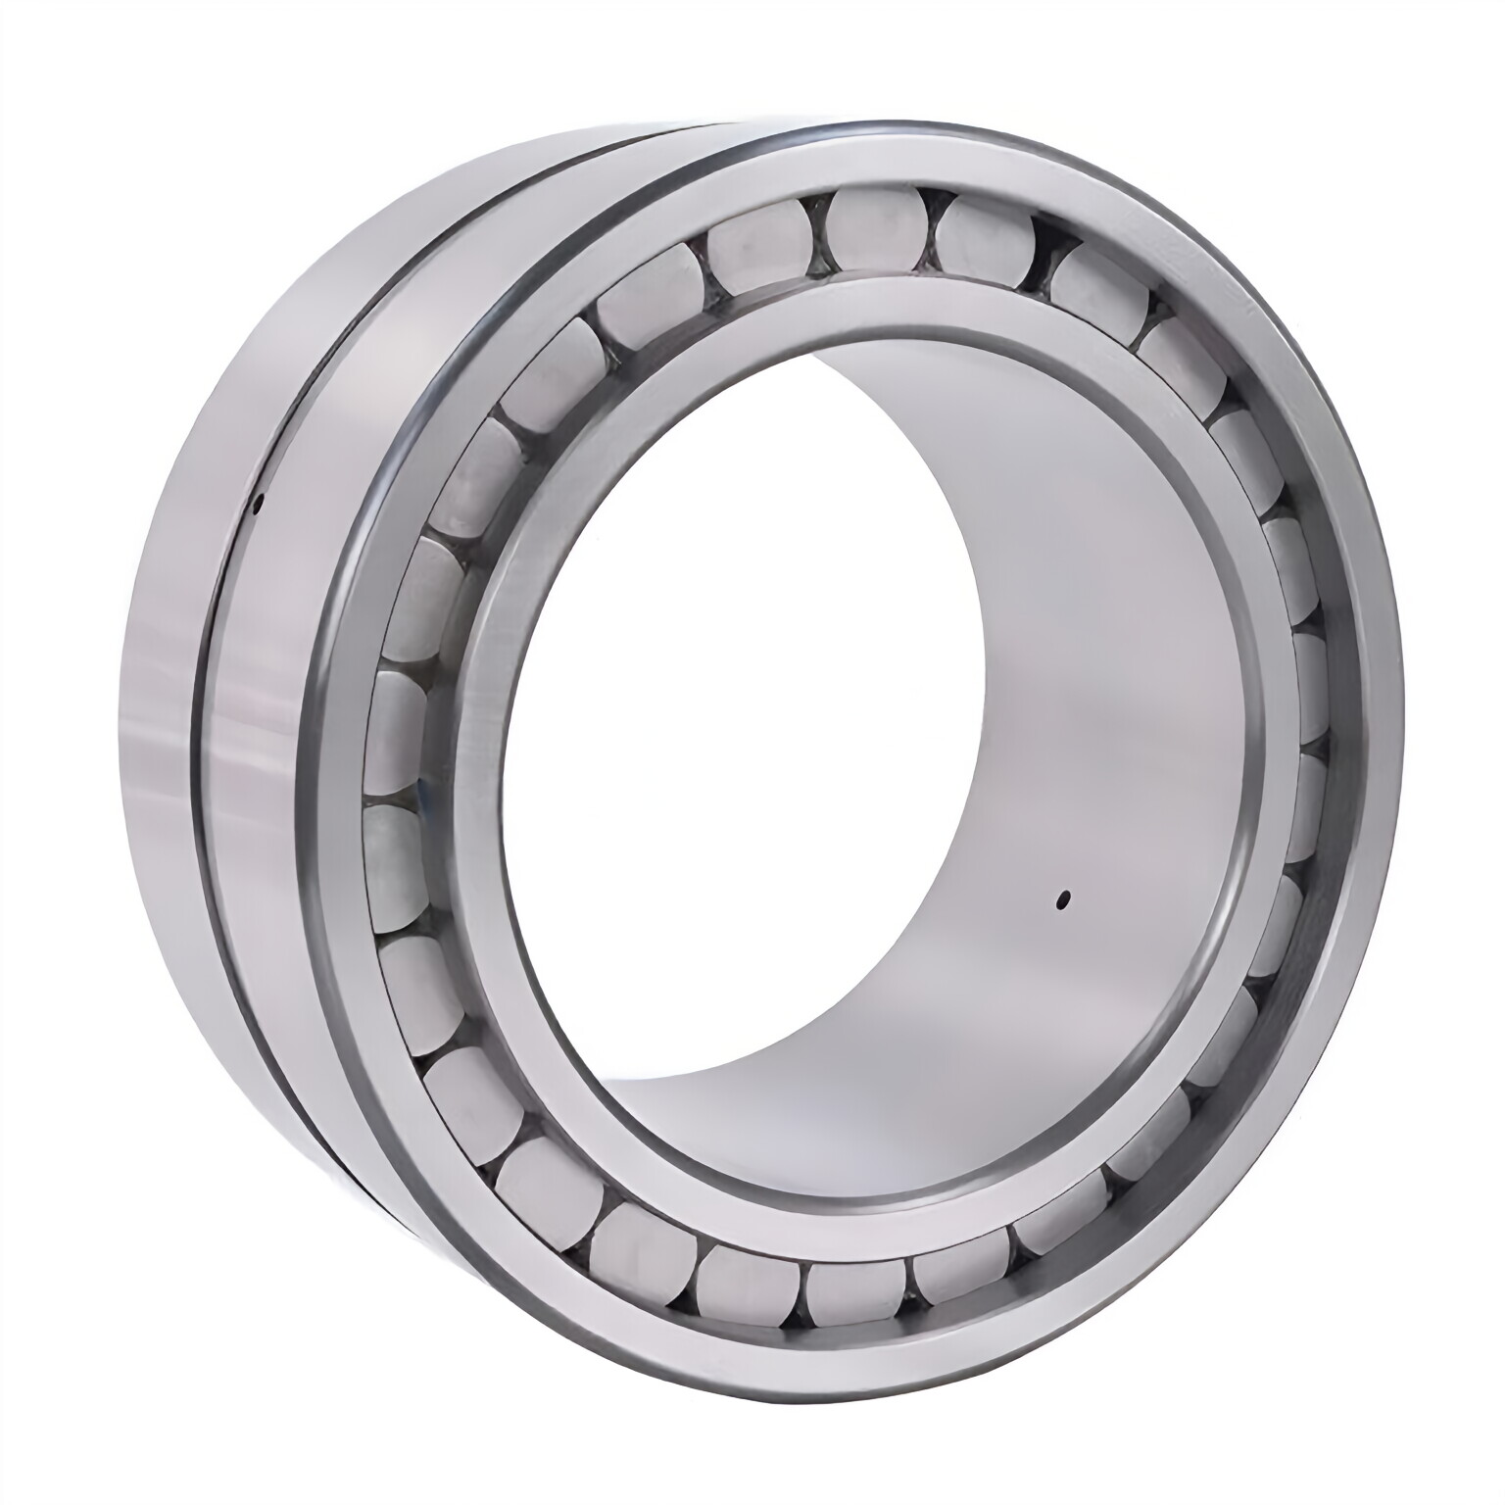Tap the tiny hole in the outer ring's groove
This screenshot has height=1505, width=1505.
(x=258, y=506)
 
